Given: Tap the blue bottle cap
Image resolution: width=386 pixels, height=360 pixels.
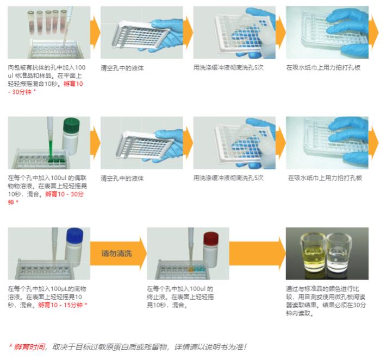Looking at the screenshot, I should [x=74, y=236].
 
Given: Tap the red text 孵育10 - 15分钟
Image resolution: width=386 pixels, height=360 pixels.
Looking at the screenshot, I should [x=62, y=305].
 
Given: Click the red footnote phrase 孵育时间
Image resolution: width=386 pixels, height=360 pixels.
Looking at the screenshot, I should [x=29, y=346].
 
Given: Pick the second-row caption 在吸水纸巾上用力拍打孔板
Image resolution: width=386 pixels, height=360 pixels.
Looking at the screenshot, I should [x=325, y=178].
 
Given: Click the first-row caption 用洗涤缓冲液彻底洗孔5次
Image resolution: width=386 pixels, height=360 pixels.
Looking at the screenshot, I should [x=229, y=68].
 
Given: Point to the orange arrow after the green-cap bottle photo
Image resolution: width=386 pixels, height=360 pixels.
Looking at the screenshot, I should [x=95, y=142].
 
